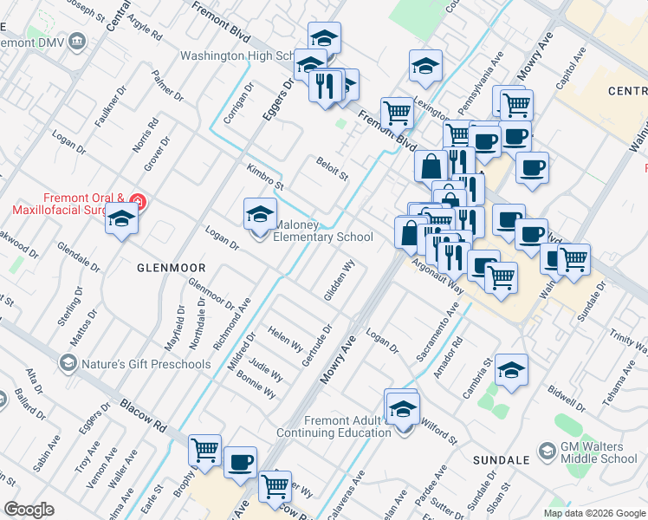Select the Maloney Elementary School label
coord(323,231)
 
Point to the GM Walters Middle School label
coord(598,452)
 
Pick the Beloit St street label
coord(331,168)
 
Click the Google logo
coord(29,509)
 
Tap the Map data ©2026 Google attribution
coord(594,513)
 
